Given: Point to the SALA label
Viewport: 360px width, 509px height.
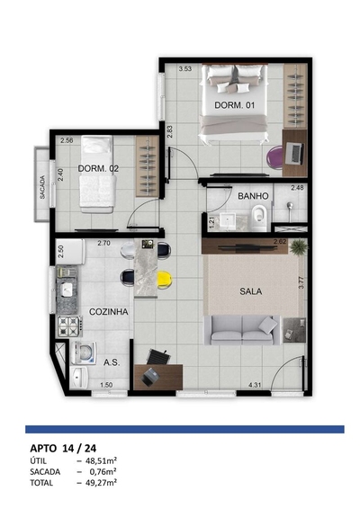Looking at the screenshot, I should pyautogui.click(x=251, y=291).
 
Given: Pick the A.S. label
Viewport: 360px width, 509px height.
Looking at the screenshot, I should pyautogui.click(x=112, y=362).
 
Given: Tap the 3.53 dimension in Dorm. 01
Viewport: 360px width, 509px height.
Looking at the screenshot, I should pyautogui.click(x=185, y=69).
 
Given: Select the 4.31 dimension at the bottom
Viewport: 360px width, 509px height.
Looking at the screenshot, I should pyautogui.click(x=256, y=385).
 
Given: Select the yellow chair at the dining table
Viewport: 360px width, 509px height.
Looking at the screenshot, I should pyautogui.click(x=164, y=280).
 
